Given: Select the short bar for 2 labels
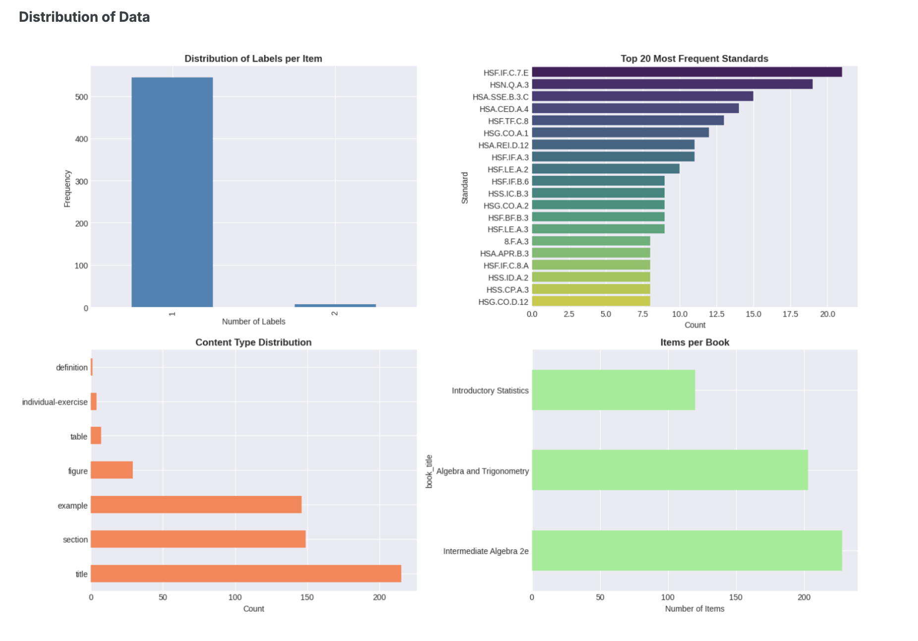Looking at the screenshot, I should click(x=335, y=306).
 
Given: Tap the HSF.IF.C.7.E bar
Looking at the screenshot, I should click(x=687, y=72).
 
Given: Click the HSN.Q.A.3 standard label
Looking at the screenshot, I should click(x=509, y=85).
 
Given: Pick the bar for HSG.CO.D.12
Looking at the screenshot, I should click(x=591, y=301).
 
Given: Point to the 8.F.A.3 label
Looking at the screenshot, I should click(x=516, y=241).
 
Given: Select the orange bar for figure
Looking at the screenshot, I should click(x=112, y=470).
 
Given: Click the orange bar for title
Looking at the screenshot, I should click(x=246, y=574).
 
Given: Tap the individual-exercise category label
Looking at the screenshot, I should click(x=55, y=402).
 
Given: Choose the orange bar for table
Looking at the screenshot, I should click(x=96, y=436).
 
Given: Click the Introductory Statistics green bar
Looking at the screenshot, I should click(x=613, y=390).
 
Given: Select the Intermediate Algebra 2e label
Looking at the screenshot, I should click(x=486, y=551).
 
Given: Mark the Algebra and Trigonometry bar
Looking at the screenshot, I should click(x=670, y=470).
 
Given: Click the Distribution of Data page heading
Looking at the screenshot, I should click(x=84, y=17).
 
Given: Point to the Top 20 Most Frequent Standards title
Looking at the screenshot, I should click(x=694, y=58).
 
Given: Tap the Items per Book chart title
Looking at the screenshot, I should click(x=694, y=342).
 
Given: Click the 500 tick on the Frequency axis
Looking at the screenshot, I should click(x=82, y=97).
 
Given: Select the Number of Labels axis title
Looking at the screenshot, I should click(x=253, y=321).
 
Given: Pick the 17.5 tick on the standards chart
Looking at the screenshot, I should click(x=790, y=314).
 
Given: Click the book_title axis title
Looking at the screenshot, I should click(x=429, y=471).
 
